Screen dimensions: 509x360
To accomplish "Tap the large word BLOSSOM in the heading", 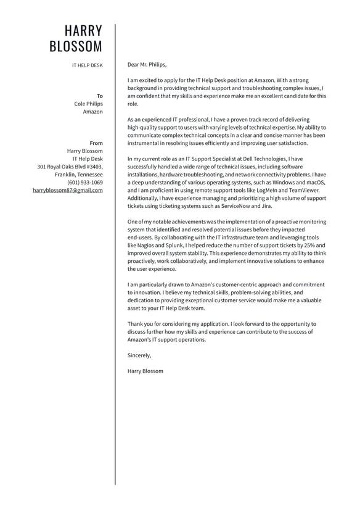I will pos(76,47).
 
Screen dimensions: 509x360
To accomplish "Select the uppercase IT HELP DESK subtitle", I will pos(88,65).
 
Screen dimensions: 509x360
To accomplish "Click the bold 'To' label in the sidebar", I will pos(100,96).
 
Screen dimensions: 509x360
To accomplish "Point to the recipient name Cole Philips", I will pos(89,104).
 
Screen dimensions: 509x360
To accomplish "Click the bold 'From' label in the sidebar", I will pos(96,143).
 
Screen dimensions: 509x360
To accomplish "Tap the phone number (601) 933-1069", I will pos(85,183).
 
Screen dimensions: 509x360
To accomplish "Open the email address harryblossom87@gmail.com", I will pos(68,191).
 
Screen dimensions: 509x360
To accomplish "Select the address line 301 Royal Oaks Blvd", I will pos(70,167).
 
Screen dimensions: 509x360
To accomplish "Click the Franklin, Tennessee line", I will pos(79,175).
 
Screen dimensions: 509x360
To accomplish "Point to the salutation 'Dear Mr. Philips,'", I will pos(147,64).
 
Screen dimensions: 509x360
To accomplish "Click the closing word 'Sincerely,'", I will pos(139,355).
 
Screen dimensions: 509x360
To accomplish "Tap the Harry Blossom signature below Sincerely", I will pos(145,371).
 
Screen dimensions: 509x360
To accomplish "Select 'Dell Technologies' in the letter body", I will pos(266,159).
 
